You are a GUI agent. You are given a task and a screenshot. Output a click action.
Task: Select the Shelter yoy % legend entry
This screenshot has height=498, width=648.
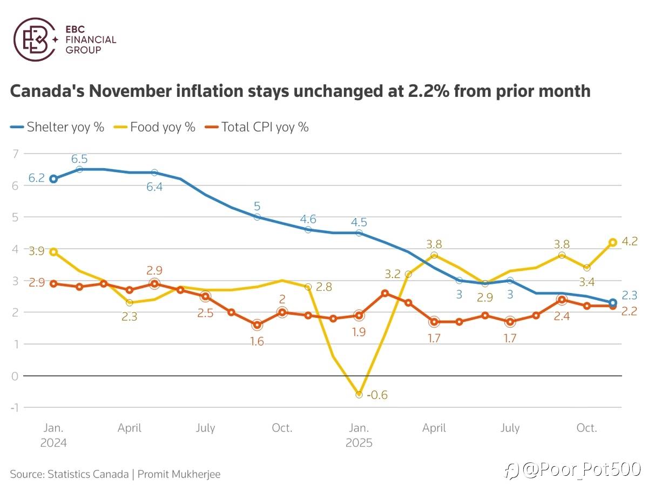(57, 128)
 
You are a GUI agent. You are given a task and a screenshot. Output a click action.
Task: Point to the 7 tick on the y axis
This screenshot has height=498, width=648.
(15, 154)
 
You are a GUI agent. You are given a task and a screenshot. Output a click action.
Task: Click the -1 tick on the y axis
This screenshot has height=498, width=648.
(14, 407)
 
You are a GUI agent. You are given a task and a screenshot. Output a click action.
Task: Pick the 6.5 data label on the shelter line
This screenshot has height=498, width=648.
(79, 159)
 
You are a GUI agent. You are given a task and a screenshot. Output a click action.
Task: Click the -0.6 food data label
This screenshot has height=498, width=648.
(376, 395)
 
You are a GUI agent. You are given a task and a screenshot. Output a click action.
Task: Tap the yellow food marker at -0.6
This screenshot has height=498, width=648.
(359, 395)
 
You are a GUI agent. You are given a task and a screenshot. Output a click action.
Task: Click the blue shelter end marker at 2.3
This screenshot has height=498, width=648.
(612, 303)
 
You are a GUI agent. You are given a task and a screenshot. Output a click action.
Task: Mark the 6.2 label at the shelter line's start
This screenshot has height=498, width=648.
(36, 178)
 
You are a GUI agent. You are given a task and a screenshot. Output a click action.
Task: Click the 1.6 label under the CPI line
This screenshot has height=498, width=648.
(257, 341)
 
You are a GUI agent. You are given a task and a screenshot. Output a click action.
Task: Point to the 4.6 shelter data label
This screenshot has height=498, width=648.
(308, 219)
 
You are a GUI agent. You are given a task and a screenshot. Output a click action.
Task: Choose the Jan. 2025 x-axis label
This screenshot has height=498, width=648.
(359, 435)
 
